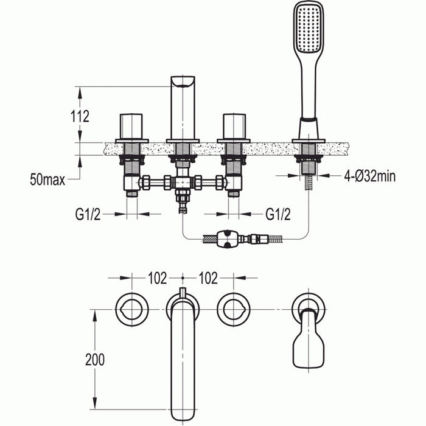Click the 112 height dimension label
(x=80, y=116)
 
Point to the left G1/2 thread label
(x=89, y=214)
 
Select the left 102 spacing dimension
(x=157, y=278)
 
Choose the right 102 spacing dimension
(x=208, y=278)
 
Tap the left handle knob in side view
(x=131, y=126)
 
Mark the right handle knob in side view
(x=234, y=126)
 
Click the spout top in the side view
(x=183, y=83)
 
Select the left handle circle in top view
(x=131, y=309)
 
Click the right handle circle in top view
(x=234, y=309)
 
